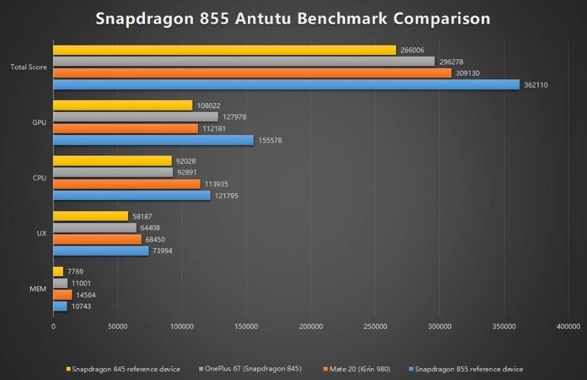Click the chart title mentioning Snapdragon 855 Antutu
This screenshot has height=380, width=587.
click(293, 18)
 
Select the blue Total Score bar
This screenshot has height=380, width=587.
click(286, 84)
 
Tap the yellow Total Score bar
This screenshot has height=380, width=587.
click(224, 50)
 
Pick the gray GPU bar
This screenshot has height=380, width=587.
click(136, 117)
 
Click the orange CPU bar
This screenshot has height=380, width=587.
click(127, 184)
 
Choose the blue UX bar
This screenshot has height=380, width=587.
click(101, 251)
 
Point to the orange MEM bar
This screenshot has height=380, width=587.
click(62, 294)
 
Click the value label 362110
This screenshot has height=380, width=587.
click(536, 85)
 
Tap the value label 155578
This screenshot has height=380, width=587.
click(270, 140)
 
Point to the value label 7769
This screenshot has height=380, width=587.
click(76, 272)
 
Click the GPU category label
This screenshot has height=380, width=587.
click(39, 122)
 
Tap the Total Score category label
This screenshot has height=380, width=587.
click(29, 67)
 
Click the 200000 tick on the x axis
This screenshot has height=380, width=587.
click(310, 326)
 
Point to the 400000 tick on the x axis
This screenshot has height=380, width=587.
click(568, 326)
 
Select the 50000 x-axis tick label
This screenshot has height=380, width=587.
click(117, 326)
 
